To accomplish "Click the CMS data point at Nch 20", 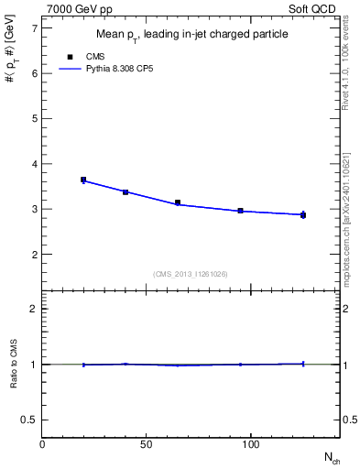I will [x=83, y=180].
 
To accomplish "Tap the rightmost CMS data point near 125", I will [x=303, y=215].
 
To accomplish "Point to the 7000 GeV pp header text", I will [x=77, y=7].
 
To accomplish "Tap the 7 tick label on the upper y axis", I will [x=34, y=29].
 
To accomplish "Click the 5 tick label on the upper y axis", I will [x=34, y=119].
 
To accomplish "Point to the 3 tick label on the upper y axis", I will [x=34, y=209].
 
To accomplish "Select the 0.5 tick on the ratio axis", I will [x=30, y=420].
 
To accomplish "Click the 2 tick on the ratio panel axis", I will [x=34, y=309].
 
